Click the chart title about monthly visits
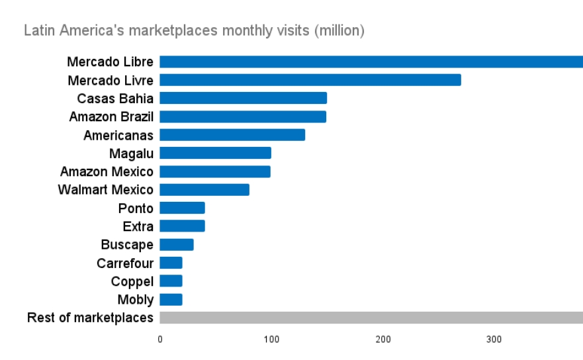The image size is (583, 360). coord(194,30)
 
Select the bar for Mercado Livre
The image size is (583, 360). coord(310,80)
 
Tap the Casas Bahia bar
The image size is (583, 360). coord(244,98)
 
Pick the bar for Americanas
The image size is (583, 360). coord(232,135)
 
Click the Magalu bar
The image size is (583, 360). coord(216,153)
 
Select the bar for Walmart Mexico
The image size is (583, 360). coord(204,190)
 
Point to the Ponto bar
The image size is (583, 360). coord(183,208)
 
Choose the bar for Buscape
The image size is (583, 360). coord(177,245)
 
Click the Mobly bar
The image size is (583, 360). coord(171,300)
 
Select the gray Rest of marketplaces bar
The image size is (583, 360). coord(371,318)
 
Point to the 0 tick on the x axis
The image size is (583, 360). coord(160,339)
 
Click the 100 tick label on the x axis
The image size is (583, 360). coord(271,339)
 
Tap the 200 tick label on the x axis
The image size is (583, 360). coord(382,339)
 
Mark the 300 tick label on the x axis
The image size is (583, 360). coord(494,339)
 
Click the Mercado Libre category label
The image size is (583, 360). coord(110,62)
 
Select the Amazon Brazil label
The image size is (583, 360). coord(111,117)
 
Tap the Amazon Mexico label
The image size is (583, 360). coord(107,172)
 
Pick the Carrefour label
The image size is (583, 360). coord(125,263)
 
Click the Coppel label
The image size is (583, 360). coord(132,281)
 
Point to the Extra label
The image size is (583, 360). coord(138,227)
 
